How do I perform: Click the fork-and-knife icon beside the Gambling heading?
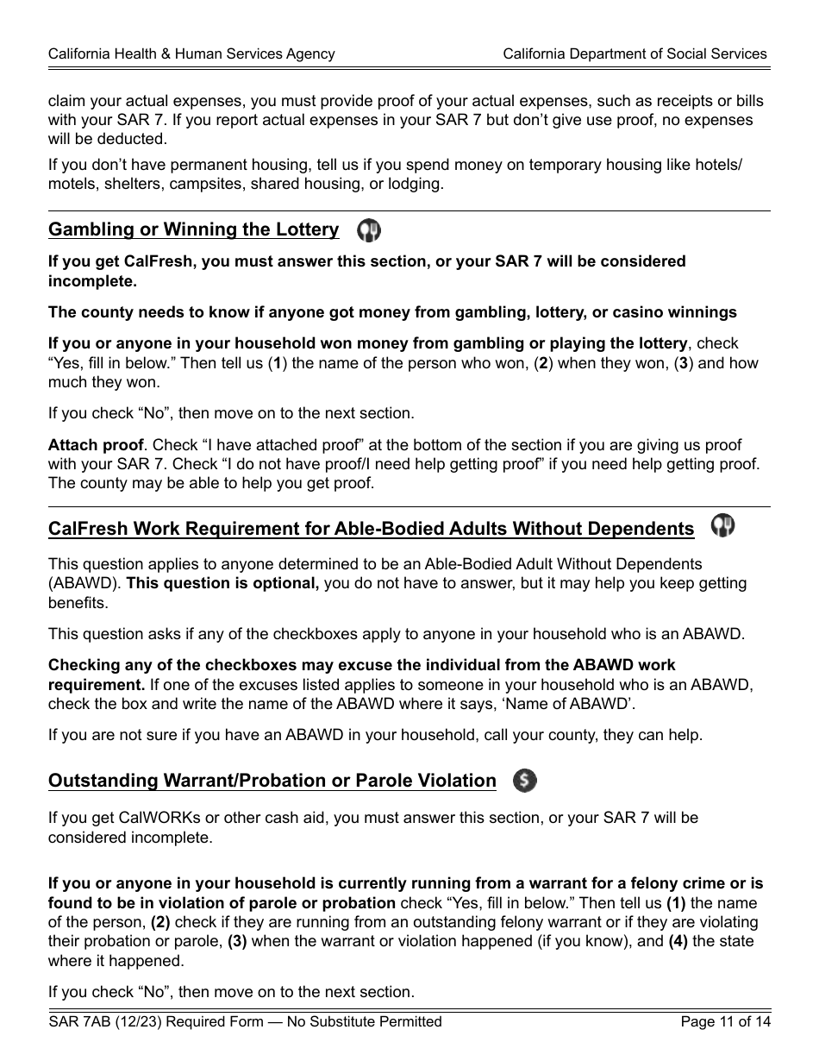coord(369,230)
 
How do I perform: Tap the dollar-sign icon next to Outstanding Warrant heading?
coord(525,781)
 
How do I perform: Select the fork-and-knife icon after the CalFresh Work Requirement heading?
coord(722,526)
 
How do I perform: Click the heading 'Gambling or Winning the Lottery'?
coord(194,229)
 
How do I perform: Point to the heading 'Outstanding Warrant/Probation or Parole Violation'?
coord(272,781)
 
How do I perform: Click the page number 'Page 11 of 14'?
coord(725,1022)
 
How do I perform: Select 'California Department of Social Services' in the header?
coord(635,53)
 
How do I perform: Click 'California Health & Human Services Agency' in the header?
coord(191,53)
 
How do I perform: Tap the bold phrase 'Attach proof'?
coord(96,445)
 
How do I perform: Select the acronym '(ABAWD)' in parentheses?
coord(85,583)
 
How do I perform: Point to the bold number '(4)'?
coord(678,941)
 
